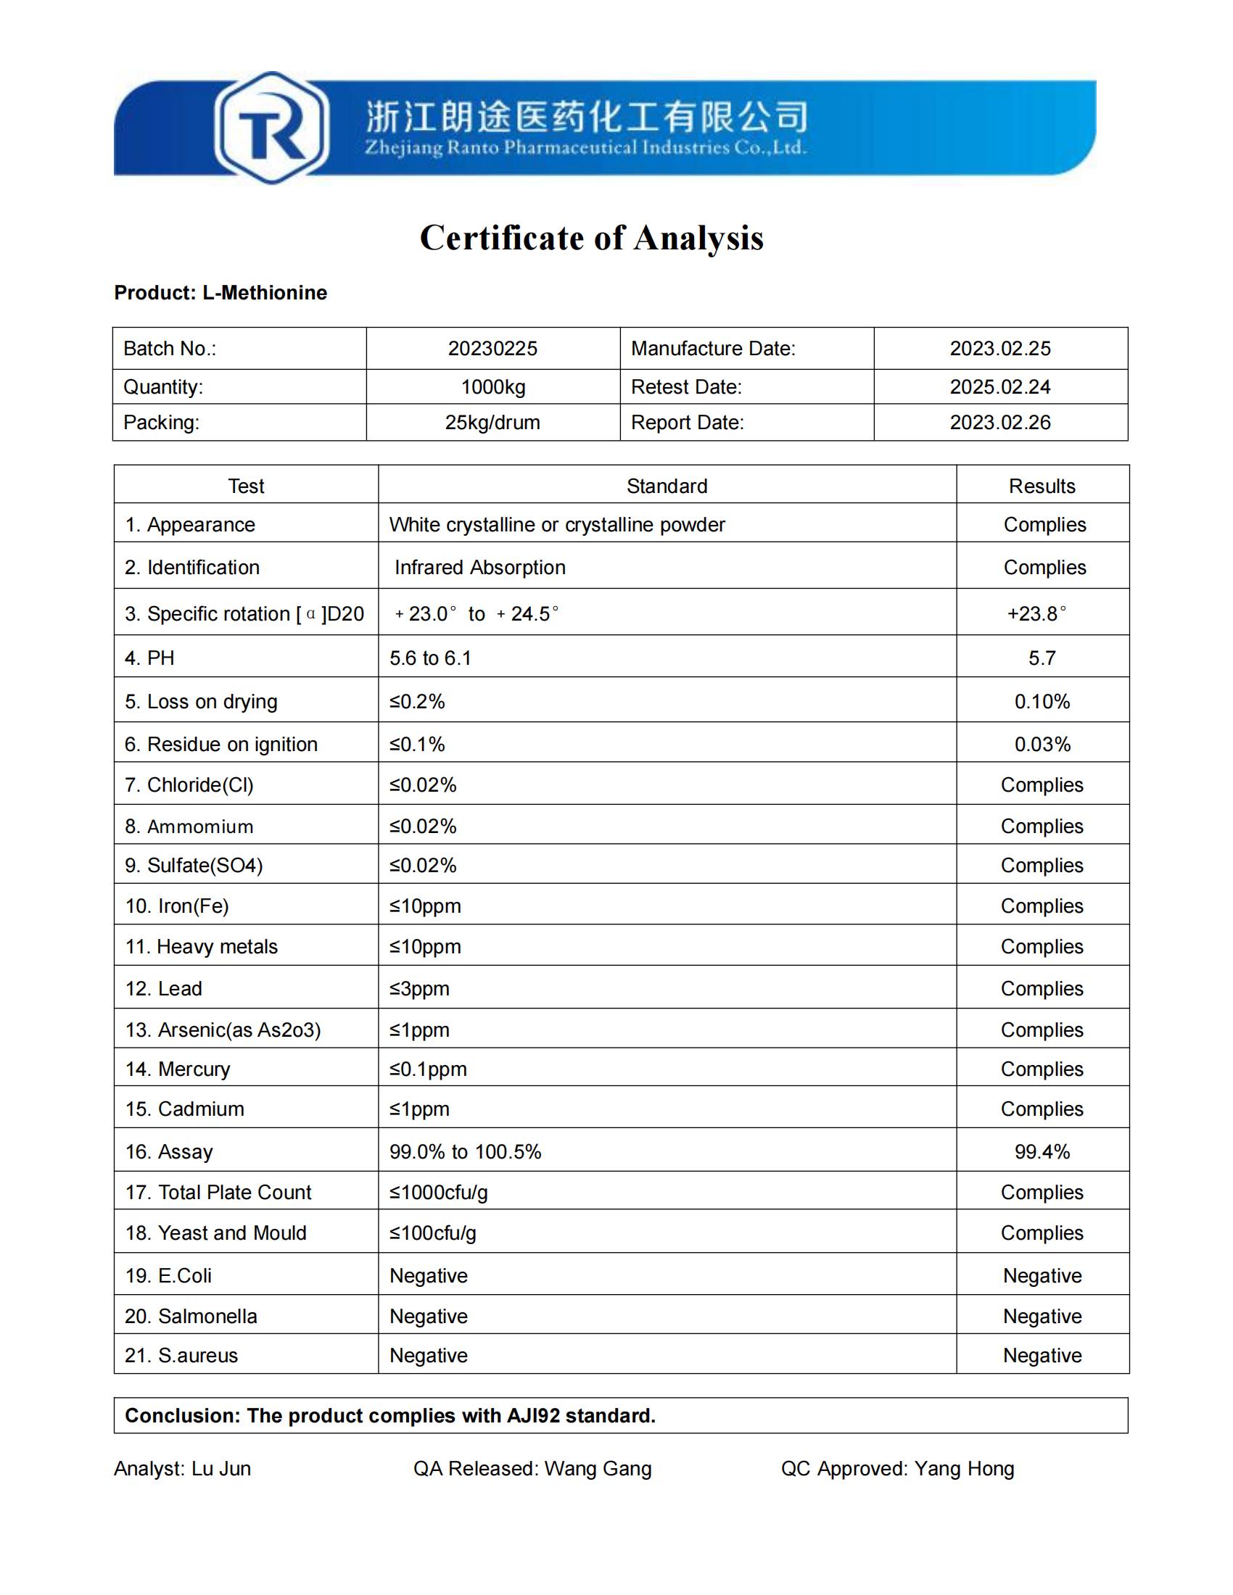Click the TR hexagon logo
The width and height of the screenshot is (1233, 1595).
point(271,128)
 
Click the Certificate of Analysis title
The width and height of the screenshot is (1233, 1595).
point(592,238)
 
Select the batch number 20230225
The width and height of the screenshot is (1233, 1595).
point(492,348)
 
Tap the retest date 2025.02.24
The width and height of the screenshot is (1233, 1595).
point(1000,387)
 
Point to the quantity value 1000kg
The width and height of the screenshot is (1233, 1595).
point(493,387)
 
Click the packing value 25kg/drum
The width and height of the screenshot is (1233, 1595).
point(492,423)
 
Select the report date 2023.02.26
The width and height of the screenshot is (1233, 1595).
point(1000,423)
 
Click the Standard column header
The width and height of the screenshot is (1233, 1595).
point(667,486)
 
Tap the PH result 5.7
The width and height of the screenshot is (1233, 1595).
point(1042,658)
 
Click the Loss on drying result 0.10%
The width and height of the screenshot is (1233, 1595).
point(1042,702)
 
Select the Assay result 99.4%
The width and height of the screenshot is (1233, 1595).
point(1042,1152)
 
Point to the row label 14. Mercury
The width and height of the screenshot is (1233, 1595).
point(178,1069)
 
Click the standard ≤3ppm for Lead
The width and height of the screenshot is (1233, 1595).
point(419,989)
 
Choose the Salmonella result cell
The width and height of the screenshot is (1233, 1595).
point(1042,1316)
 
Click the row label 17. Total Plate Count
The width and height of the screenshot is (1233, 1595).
point(218,1193)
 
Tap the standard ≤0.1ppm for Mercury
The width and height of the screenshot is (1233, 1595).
point(428,1069)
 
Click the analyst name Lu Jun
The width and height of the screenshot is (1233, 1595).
point(221,1469)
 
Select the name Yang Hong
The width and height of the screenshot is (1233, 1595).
point(964,1469)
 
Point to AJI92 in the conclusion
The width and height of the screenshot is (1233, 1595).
point(532,1415)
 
